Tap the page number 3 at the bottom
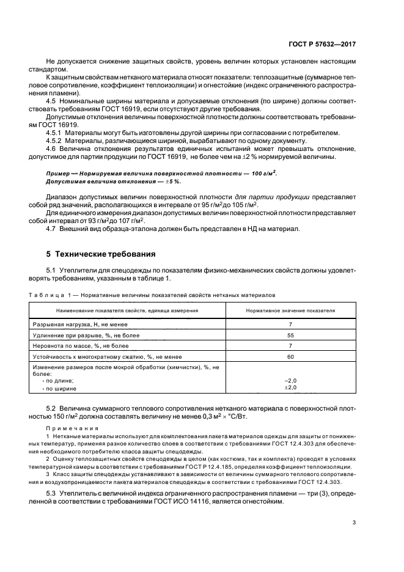[354, 522]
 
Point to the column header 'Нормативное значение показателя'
[290, 310]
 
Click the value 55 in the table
[290, 335]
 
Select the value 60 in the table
[290, 356]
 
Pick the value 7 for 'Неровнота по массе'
[290, 345]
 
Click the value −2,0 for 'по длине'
[290, 380]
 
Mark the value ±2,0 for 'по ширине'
[290, 387]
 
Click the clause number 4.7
[52, 229]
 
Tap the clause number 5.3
[52, 493]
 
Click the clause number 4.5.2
[55, 141]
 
